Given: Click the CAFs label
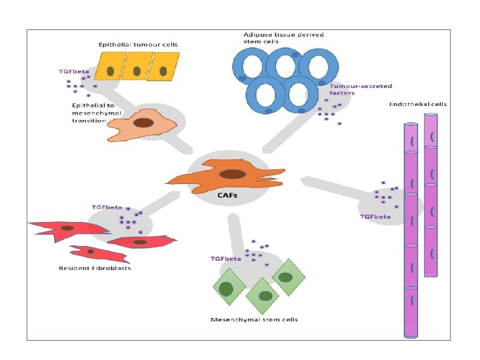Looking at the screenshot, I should [229, 195].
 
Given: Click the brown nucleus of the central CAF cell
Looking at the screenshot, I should [231, 174].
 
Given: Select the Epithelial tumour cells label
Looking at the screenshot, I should [138, 45].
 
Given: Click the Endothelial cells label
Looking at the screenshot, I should [418, 104].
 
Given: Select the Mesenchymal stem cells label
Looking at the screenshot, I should [254, 319].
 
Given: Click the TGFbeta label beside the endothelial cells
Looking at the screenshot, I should [375, 216].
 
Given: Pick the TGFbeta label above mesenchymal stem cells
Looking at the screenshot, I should [225, 258].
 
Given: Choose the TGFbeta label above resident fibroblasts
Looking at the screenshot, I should [107, 207].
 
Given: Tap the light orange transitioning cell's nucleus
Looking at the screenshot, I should [143, 123].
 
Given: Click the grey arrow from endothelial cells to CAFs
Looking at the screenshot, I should [333, 187].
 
